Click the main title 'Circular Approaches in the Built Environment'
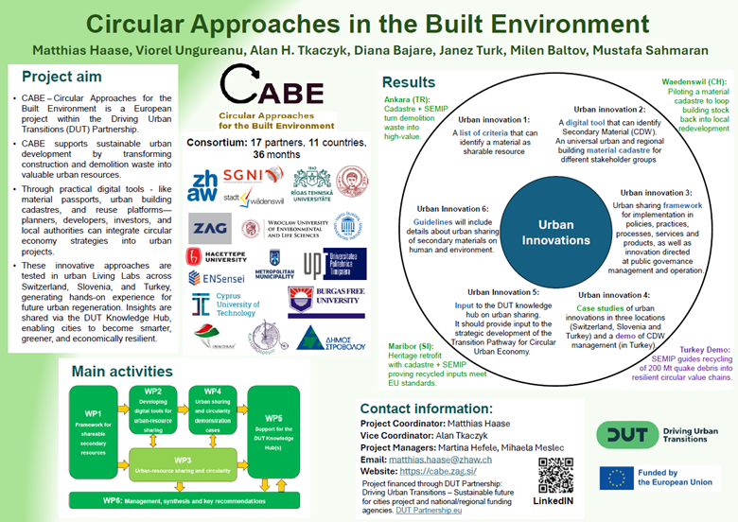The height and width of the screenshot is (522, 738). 368,23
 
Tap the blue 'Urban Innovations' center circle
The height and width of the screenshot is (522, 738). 556,233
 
